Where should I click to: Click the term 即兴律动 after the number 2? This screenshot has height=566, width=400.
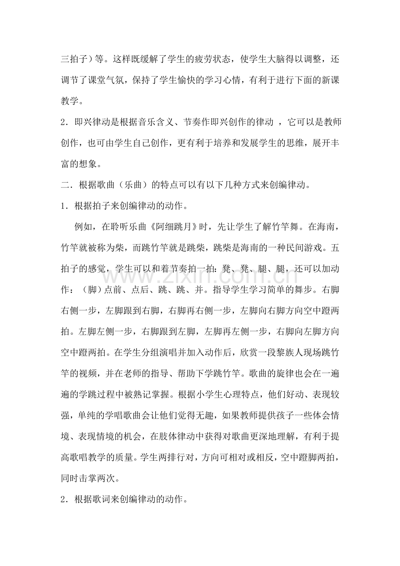coord(95,123)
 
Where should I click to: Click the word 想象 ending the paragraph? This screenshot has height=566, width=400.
coord(95,164)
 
